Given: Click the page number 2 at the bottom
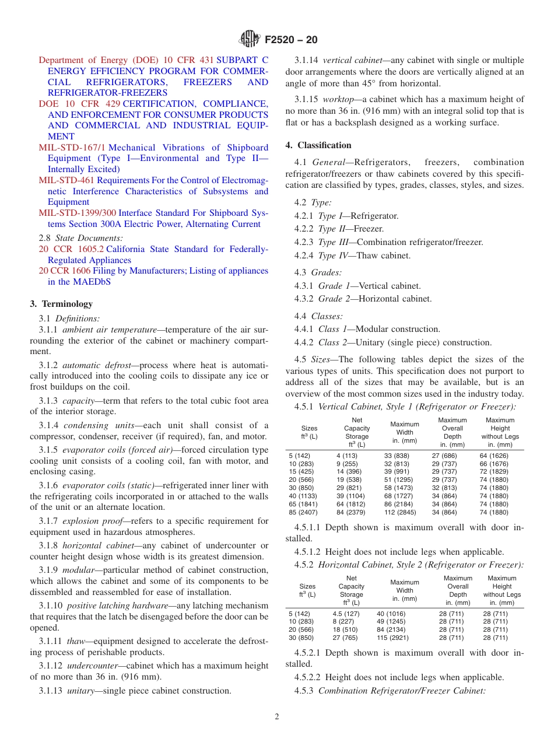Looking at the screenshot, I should coord(277,717).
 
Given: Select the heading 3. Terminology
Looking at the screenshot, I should coord(61,304).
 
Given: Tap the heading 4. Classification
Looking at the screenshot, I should coord(318,145).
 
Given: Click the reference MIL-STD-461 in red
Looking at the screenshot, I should coord(66,181).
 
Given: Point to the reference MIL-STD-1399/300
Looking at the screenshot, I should coord(77,213).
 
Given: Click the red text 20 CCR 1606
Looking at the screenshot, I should coord(65,271).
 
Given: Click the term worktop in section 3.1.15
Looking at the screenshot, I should coord(338,99).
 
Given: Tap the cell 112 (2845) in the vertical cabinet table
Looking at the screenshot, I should coord(401,513).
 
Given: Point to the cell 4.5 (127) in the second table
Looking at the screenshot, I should coord(346,614).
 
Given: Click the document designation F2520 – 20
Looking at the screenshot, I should coord(291,40).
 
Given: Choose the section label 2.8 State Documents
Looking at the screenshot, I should coord(81,238).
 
